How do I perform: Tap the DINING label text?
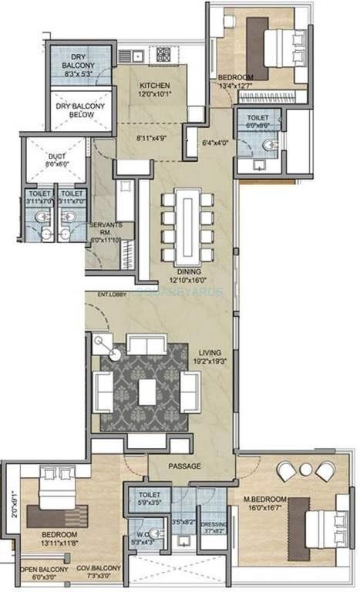coord(188,272)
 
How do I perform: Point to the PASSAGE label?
coord(185,466)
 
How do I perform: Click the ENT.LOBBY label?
coord(112,294)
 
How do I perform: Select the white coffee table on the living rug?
coord(147,392)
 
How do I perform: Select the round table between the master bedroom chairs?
coord(305,469)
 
